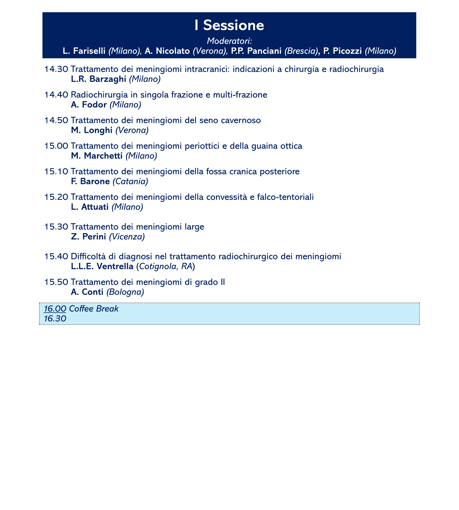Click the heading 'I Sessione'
coord(229,26)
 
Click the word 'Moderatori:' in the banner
coord(229,41)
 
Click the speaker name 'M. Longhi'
coord(92,130)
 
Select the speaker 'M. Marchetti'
coord(97,156)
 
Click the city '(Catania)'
coord(130,181)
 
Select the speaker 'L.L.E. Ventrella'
coord(102,267)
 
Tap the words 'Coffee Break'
coord(94,309)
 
